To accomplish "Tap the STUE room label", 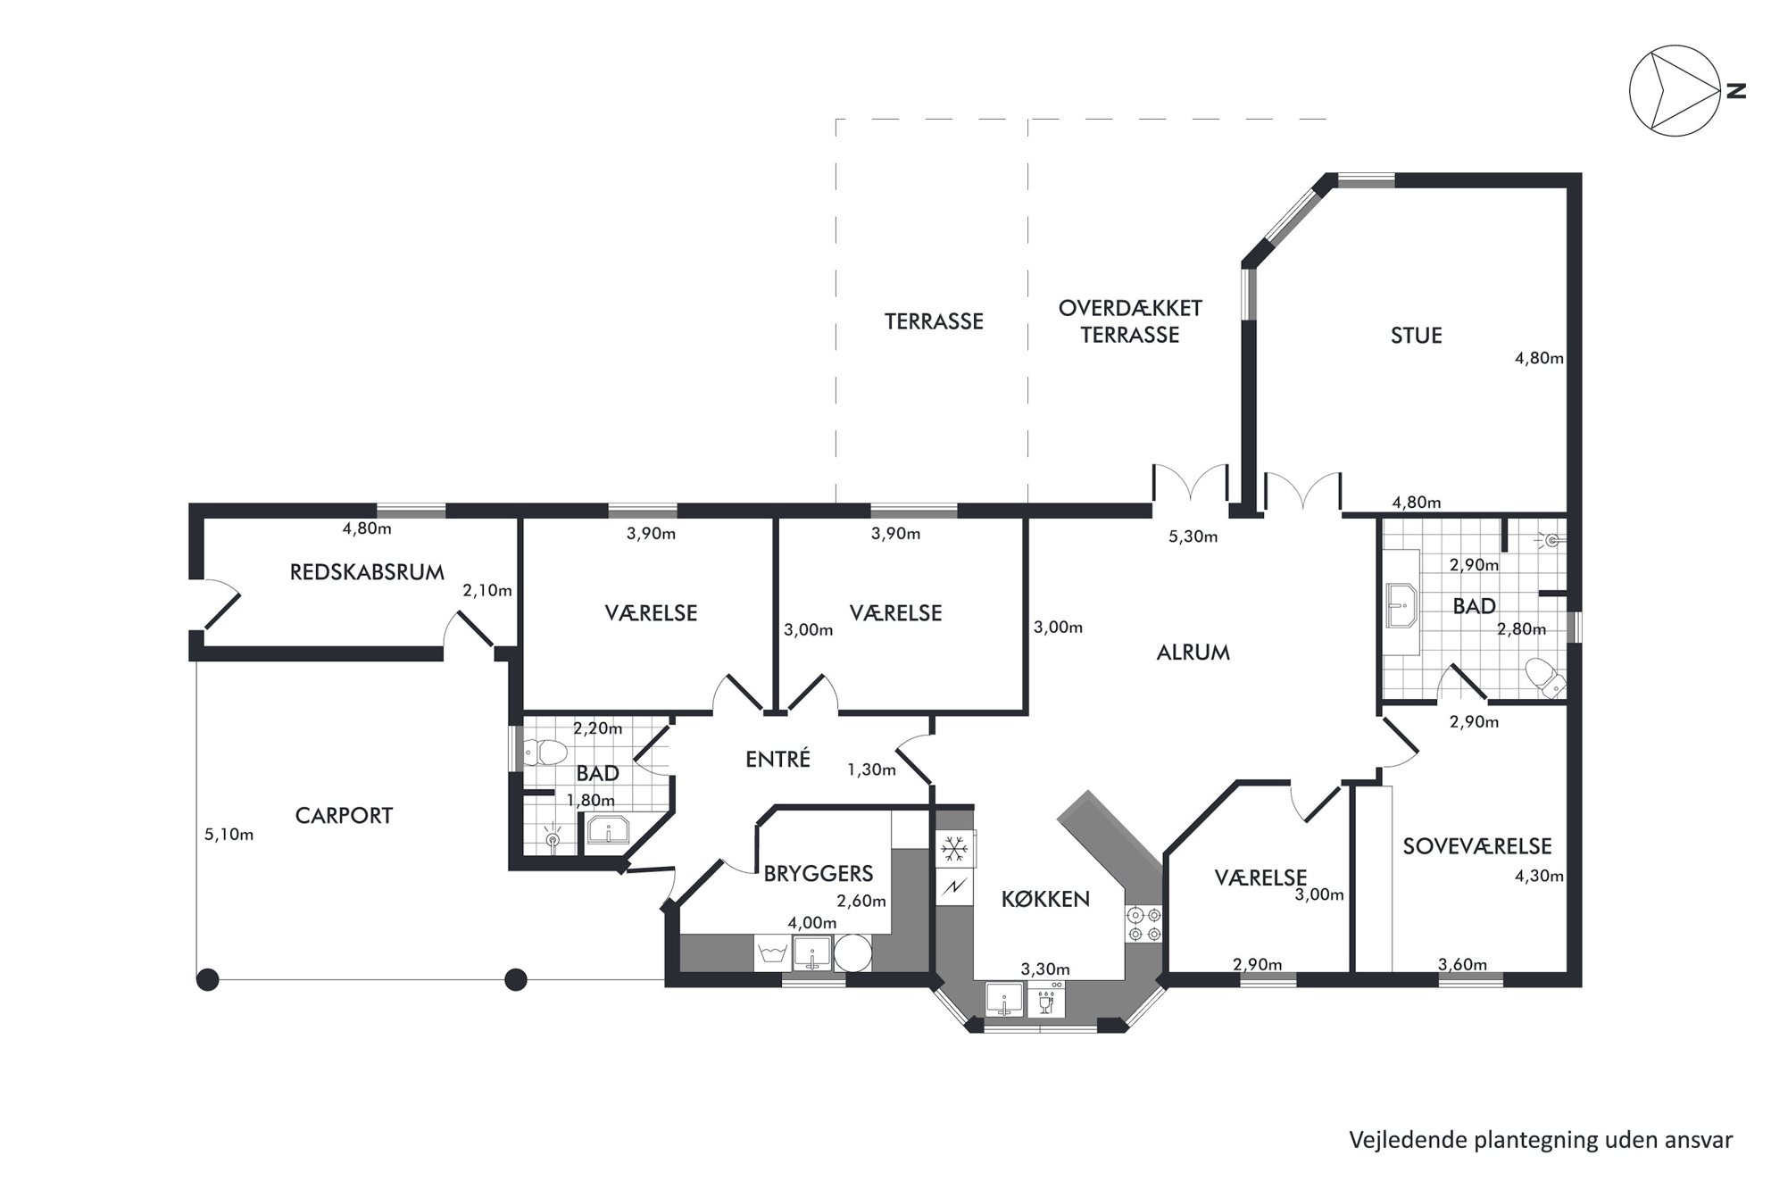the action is point(1416,336).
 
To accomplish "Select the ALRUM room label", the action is point(1193,653).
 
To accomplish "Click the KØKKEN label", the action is point(1045,899).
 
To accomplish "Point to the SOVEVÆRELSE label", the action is point(1476,846).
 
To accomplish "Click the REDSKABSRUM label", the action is point(367,572).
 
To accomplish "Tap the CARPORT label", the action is point(344,816).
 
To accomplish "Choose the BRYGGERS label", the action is point(818,873).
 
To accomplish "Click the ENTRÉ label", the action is point(777,759).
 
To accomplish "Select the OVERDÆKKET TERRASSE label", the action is point(1130,321).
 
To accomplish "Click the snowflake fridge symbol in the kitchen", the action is point(954,848).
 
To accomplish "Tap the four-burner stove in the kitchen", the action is point(1144,924).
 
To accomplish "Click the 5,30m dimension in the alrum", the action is point(1193,536).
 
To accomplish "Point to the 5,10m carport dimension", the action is point(229,835).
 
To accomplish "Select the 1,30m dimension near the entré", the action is point(871,769).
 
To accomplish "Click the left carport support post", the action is point(207,980).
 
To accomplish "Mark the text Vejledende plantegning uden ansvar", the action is point(1541,1140).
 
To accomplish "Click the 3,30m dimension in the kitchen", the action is point(1045,969).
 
